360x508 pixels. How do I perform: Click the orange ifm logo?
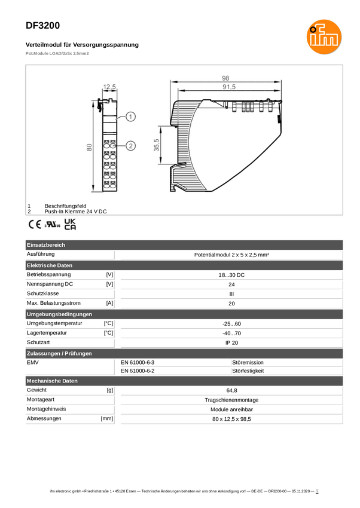coord(324,36)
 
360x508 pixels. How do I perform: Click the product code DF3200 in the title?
coord(43,26)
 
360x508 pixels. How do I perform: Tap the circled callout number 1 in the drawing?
coord(130,117)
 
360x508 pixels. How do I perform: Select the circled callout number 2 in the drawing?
coord(130,146)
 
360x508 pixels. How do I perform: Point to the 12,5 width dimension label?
coord(109,87)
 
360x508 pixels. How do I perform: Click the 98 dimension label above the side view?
coord(225,78)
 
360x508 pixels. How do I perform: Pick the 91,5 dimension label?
coord(229,87)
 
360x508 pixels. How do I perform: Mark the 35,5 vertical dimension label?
coord(157,145)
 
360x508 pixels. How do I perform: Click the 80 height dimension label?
coord(89,148)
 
